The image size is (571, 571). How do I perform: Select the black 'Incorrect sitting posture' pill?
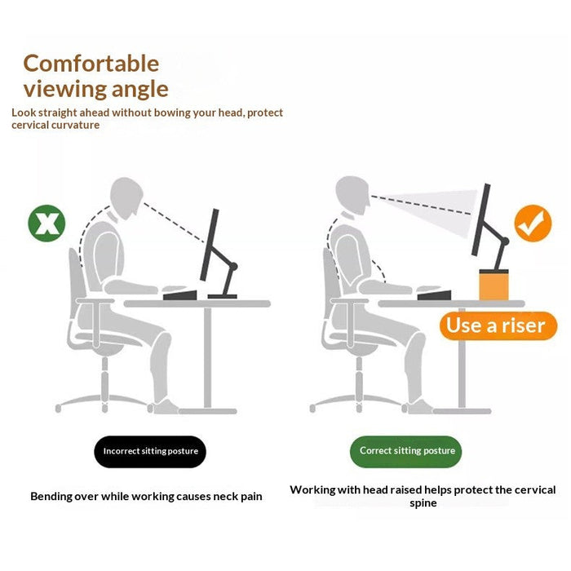pos(150,451)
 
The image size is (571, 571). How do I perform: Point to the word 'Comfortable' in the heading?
pos(91,63)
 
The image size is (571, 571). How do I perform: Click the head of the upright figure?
pos(352,195)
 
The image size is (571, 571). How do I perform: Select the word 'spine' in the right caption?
pos(423,503)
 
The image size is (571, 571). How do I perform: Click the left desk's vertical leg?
pos(209,355)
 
